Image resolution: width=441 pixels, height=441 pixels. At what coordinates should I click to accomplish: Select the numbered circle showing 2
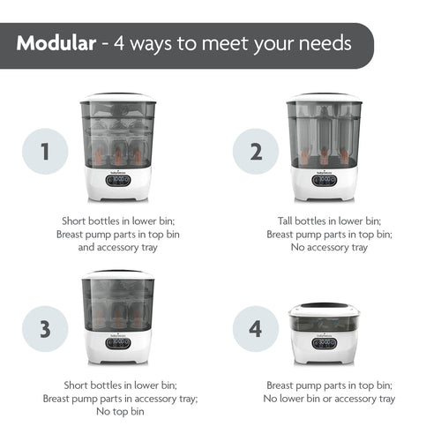click(x=256, y=151)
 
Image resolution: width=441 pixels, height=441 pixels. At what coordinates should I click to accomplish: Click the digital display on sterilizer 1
click(x=117, y=180)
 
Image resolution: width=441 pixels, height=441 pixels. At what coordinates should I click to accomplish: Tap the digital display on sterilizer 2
click(x=325, y=180)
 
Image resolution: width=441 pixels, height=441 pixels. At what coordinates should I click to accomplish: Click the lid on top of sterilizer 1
click(x=117, y=98)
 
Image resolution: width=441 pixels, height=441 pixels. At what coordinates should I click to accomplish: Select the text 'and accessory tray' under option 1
click(x=118, y=248)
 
